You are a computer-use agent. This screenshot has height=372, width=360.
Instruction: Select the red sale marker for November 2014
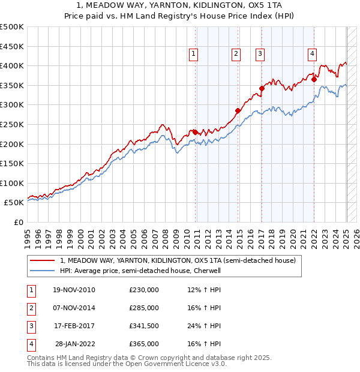coord(238,110)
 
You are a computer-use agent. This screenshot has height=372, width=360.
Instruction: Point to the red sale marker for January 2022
coord(314,79)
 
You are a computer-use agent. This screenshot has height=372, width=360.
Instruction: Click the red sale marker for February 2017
coord(262,88)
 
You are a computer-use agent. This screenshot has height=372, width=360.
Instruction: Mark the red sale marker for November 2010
coord(196,132)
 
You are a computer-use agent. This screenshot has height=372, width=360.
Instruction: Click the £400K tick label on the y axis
coord(12,65)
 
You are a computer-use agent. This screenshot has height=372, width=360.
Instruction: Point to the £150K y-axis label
coord(12,163)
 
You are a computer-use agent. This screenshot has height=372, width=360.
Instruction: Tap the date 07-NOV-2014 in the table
coord(74,308)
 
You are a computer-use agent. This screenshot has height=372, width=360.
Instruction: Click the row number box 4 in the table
coord(30,344)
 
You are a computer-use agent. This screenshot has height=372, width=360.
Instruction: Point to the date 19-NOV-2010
coord(74,290)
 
